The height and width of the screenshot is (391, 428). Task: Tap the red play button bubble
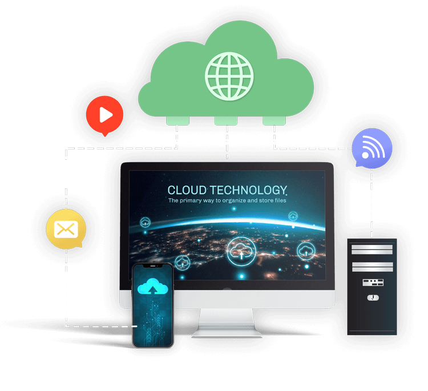(x=104, y=115)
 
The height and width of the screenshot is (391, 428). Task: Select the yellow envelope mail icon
(x=66, y=229)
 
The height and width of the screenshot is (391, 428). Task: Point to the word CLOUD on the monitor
(x=187, y=190)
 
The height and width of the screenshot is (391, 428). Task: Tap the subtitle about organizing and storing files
(x=227, y=201)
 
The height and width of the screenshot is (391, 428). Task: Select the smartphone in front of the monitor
(x=153, y=305)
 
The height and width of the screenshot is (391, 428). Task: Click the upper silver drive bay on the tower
(x=372, y=249)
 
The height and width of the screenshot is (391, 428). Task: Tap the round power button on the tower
(x=372, y=297)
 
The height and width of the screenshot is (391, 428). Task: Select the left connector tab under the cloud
(x=177, y=120)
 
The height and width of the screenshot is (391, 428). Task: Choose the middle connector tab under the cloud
(x=227, y=120)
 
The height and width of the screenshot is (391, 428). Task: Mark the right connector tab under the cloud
(x=274, y=120)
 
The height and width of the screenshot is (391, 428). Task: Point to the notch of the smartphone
(x=153, y=267)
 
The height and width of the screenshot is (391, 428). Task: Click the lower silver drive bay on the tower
(x=372, y=267)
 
